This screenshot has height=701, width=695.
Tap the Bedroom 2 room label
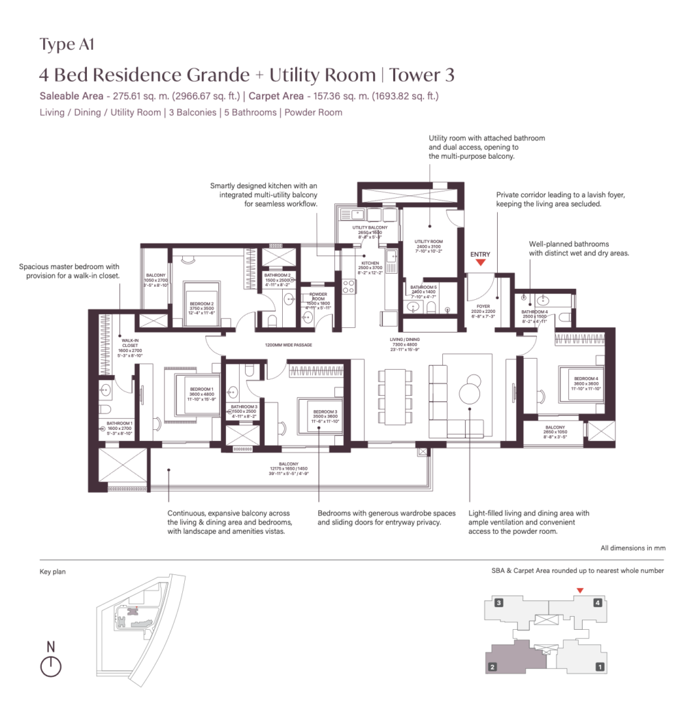(x=202, y=305)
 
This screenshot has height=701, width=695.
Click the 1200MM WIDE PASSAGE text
(x=287, y=345)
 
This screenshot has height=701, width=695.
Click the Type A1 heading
(x=66, y=45)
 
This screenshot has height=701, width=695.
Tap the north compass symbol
(x=51, y=665)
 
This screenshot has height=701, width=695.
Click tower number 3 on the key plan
(x=500, y=603)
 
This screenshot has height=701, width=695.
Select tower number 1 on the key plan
(x=600, y=666)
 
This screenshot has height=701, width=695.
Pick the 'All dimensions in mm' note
(x=632, y=548)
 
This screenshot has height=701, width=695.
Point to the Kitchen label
(x=370, y=263)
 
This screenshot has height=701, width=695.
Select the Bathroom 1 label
(x=120, y=424)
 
